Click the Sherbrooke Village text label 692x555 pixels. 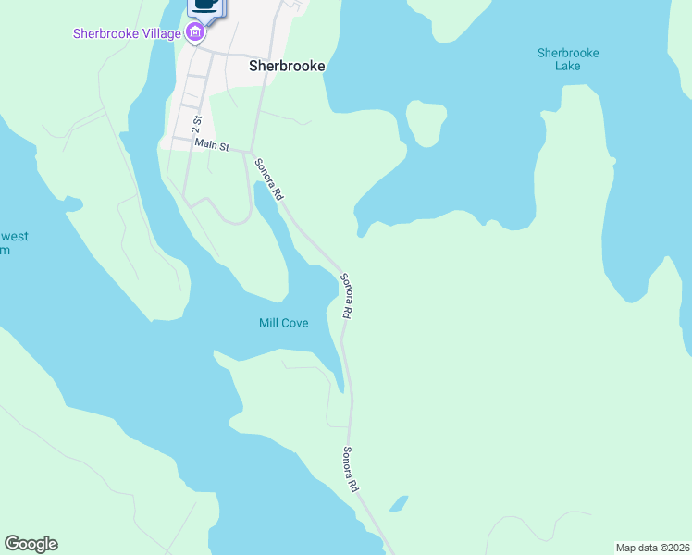(127, 34)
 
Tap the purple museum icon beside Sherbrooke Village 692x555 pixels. (195, 34)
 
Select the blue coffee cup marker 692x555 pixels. (205, 6)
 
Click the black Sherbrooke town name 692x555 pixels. (287, 67)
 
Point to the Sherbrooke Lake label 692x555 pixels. (568, 59)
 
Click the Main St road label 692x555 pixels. (211, 145)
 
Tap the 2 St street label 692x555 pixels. (197, 119)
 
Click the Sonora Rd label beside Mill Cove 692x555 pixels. (345, 296)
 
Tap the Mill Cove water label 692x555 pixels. (283, 323)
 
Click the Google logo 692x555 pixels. (31, 544)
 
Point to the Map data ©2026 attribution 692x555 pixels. (652, 547)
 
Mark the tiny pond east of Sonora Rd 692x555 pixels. (399, 504)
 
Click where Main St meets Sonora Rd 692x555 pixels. (251, 152)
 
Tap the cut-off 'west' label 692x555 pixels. (13, 237)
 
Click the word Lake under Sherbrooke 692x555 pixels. (568, 66)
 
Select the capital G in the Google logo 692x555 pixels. (12, 544)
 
